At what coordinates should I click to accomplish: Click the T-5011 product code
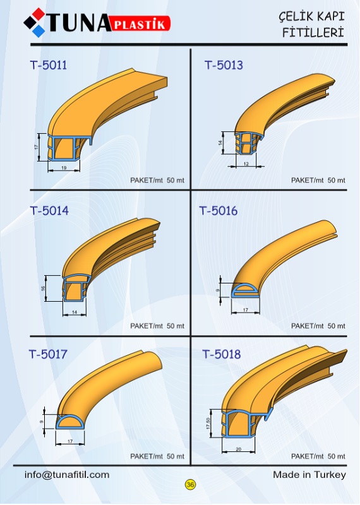pyautogui.click(x=49, y=65)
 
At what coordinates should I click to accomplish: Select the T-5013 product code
pyautogui.click(x=224, y=65)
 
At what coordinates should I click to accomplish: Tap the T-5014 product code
pyautogui.click(x=49, y=211)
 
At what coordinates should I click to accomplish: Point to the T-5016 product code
pyautogui.click(x=218, y=211)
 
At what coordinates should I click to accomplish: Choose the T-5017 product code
pyautogui.click(x=48, y=354)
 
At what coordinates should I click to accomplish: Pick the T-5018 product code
pyautogui.click(x=222, y=354)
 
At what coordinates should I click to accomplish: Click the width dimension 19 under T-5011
pyautogui.click(x=64, y=168)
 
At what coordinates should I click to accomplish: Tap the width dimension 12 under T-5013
pyautogui.click(x=246, y=164)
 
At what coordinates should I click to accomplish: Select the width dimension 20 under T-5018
pyautogui.click(x=239, y=449)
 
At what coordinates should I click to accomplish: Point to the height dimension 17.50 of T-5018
pyautogui.click(x=208, y=423)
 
